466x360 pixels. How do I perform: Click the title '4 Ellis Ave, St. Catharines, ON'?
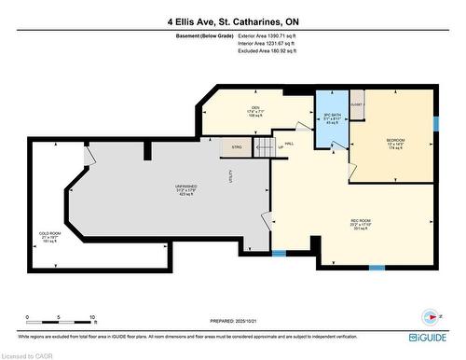click(232, 21)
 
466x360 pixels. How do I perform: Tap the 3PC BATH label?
click(329, 118)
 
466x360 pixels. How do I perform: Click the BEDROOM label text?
click(395, 143)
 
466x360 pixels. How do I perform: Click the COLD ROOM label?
click(48, 236)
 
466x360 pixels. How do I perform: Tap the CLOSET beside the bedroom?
click(357, 104)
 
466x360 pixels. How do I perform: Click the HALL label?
click(289, 144)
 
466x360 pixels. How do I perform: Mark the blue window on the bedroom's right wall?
click(435, 124)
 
